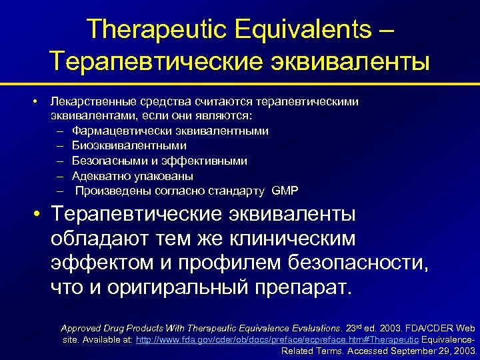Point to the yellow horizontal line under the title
(x=240, y=84)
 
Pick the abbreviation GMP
(x=285, y=191)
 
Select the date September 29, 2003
(x=433, y=350)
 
